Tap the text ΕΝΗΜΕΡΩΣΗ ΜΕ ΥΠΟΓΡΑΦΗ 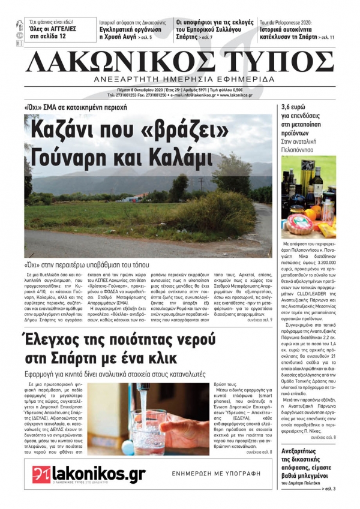click(216, 473)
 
